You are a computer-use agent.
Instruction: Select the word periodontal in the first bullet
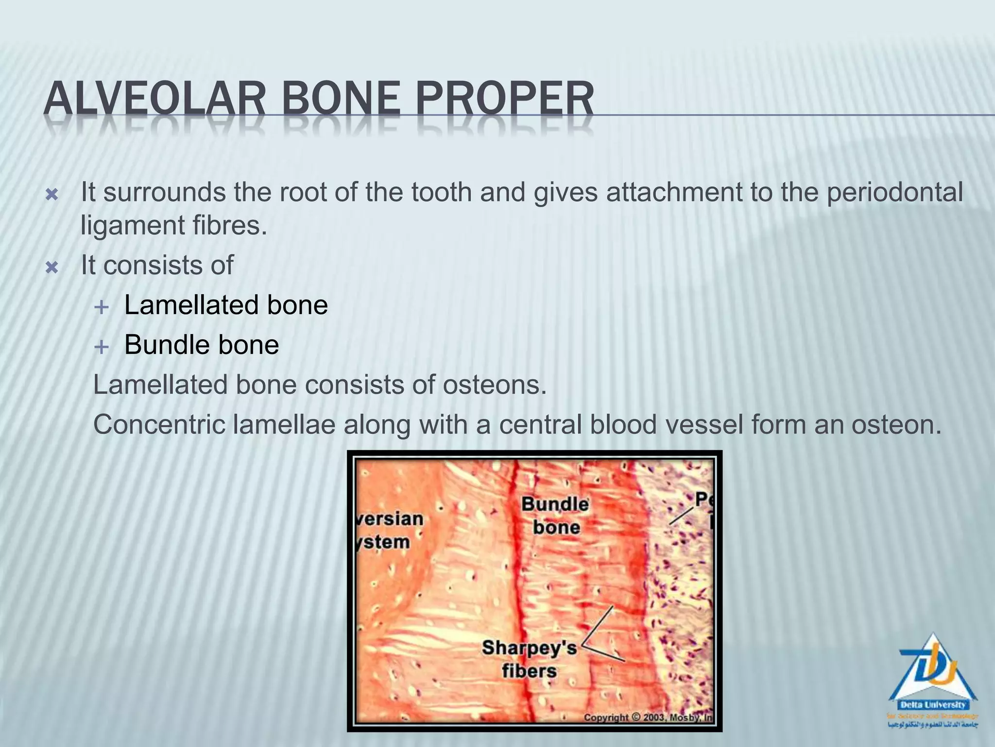[x=894, y=192]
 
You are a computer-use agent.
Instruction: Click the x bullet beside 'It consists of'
[x=51, y=267]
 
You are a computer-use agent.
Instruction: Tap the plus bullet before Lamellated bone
[x=102, y=307]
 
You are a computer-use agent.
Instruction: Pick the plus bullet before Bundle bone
[x=102, y=347]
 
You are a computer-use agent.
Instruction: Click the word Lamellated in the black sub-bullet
[x=191, y=305]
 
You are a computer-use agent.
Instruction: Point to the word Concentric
[x=159, y=425]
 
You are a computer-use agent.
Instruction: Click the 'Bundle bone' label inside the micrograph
[x=555, y=516]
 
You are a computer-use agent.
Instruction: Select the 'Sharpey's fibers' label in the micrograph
[x=530, y=659]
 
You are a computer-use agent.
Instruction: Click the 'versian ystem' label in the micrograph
[x=390, y=530]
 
